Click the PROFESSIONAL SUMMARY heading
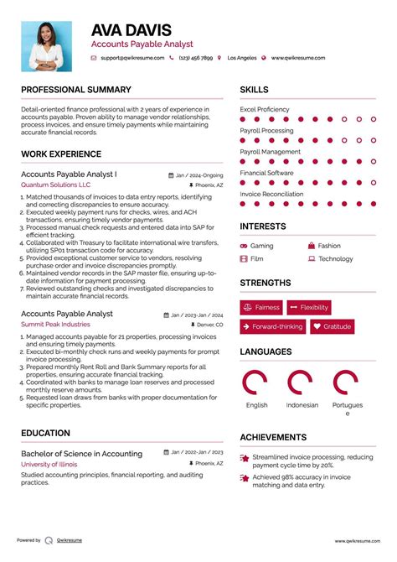(76, 90)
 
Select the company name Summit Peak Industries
(55, 324)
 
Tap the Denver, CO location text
(209, 324)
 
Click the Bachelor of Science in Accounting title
(81, 454)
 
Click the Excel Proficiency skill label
(265, 110)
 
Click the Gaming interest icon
(244, 247)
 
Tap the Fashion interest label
(329, 247)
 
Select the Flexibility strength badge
(309, 308)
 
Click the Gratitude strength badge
(333, 327)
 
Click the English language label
(257, 405)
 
